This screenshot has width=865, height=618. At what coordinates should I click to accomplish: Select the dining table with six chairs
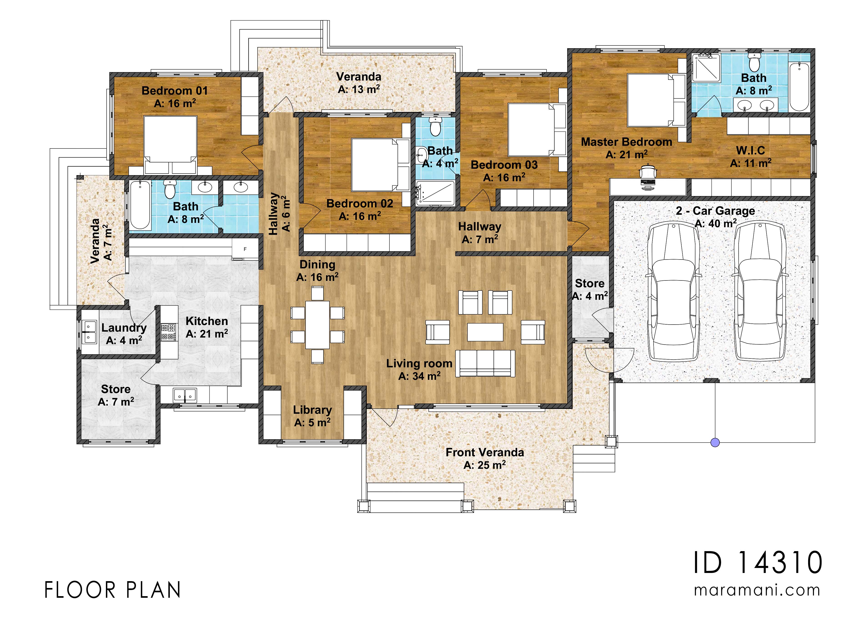pyautogui.click(x=318, y=325)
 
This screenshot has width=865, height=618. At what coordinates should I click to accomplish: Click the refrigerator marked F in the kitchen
pyautogui.click(x=245, y=249)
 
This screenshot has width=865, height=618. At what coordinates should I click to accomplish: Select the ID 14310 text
pyautogui.click(x=758, y=563)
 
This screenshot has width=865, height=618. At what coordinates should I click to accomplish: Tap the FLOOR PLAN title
pyautogui.click(x=113, y=590)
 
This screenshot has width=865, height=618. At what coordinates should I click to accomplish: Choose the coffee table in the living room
pyautogui.click(x=485, y=332)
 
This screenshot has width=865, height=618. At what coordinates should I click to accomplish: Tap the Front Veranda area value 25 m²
pyautogui.click(x=484, y=465)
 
